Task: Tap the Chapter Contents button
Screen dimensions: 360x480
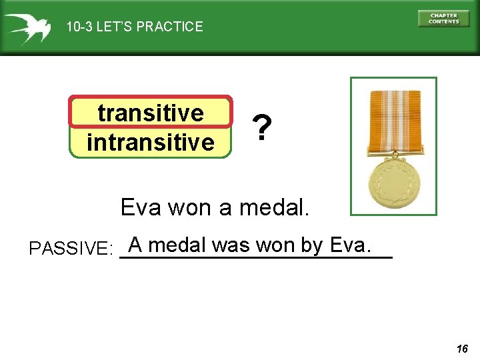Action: (443, 19)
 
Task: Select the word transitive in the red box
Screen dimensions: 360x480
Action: (151, 113)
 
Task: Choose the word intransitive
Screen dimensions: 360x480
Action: (151, 142)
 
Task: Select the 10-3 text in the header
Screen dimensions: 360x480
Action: (79, 27)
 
